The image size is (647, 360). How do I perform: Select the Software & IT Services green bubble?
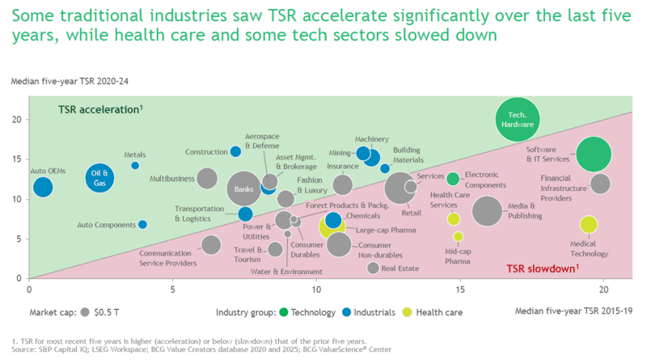(594, 155)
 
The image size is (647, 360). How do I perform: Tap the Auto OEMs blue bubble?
(43, 188)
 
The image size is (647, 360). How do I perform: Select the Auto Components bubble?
(142, 224)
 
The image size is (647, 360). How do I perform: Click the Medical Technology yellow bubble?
(589, 225)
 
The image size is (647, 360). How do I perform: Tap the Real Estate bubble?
(373, 268)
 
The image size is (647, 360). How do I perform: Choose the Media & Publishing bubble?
(488, 212)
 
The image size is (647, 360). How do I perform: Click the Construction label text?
(206, 152)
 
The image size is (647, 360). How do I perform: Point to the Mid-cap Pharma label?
(458, 255)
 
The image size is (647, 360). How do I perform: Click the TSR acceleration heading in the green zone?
(99, 110)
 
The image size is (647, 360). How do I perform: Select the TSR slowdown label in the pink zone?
(542, 268)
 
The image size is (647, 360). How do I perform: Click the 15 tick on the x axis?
(459, 288)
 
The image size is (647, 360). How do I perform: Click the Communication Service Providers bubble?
(211, 244)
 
